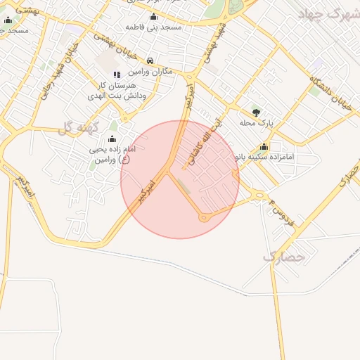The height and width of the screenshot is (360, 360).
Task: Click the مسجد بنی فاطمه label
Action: [x=153, y=26]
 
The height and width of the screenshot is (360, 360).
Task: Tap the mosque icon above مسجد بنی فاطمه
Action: [x=153, y=16]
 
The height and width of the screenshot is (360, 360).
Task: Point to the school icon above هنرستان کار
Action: [x=117, y=74]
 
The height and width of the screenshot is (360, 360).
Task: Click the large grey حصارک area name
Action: [x=285, y=257]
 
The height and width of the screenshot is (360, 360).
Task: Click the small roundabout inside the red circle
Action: [x=204, y=217]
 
